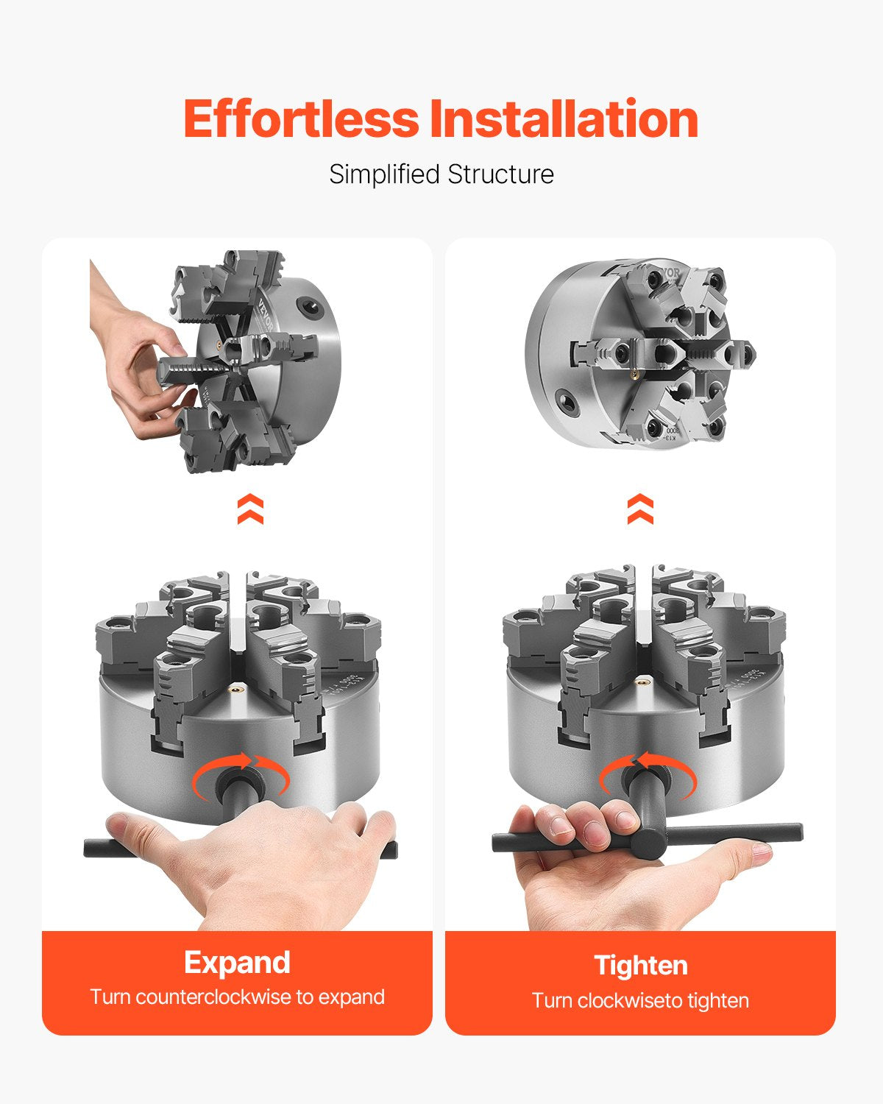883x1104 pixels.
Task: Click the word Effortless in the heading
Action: [x=300, y=118]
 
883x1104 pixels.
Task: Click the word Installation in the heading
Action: [x=564, y=118]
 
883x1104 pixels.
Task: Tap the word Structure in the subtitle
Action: [x=500, y=175]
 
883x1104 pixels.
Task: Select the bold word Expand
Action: [x=237, y=962]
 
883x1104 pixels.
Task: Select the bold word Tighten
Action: [x=640, y=965]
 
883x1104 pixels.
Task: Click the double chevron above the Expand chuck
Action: [x=250, y=509]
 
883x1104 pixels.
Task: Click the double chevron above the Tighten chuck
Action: [x=640, y=509]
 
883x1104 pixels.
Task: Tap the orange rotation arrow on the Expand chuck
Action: [x=241, y=773]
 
